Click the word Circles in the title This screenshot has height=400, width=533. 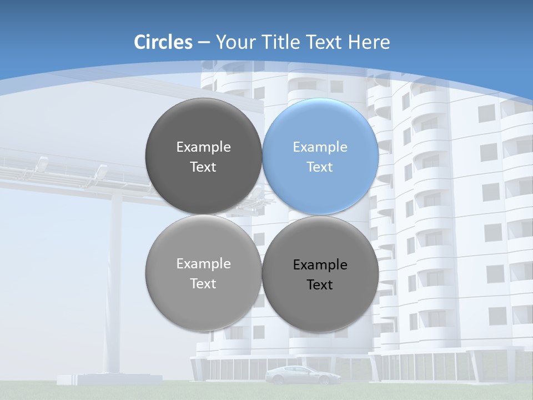pyautogui.click(x=163, y=42)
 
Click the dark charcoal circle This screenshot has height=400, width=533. pyautogui.click(x=203, y=157)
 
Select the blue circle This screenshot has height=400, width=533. pyautogui.click(x=320, y=157)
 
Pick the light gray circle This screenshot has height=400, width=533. pyautogui.click(x=203, y=273)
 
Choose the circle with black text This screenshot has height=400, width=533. pyautogui.click(x=320, y=274)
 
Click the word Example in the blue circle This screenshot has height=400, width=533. pyautogui.click(x=320, y=147)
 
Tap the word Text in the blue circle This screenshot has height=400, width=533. pyautogui.click(x=320, y=167)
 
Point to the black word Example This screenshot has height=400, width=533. pyautogui.click(x=320, y=265)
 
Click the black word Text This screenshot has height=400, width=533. pyautogui.click(x=320, y=285)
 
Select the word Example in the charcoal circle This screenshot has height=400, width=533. pyautogui.click(x=203, y=147)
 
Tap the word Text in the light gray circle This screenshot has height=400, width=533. pyautogui.click(x=203, y=284)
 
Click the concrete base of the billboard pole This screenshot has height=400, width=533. pyautogui.click(x=110, y=379)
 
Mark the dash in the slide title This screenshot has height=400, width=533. pyautogui.click(x=204, y=43)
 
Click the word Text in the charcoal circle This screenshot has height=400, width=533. pyautogui.click(x=203, y=167)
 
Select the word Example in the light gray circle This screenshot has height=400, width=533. pyautogui.click(x=203, y=264)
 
